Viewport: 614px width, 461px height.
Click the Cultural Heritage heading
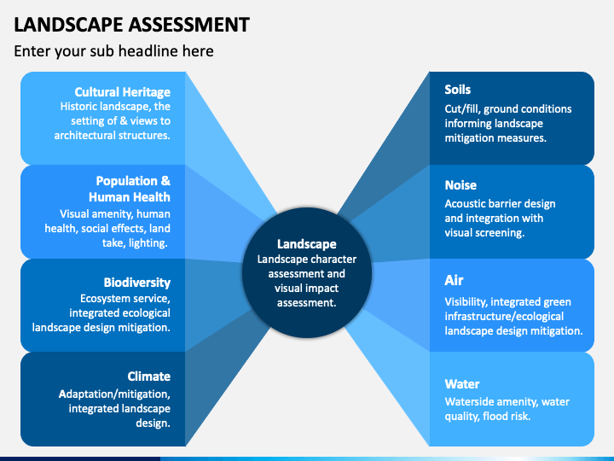coord(123,92)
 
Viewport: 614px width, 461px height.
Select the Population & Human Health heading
coord(130,189)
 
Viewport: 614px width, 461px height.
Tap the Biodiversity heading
coord(137,283)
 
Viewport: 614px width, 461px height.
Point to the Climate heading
coord(148,376)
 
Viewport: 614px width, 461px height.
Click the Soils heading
coord(457,90)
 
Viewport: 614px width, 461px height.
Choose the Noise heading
coord(460,185)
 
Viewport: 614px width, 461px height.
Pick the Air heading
coord(454,280)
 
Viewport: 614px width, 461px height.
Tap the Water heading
coord(462,384)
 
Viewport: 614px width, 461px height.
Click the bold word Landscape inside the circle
coord(307,244)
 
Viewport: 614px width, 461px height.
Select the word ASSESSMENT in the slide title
coord(189,24)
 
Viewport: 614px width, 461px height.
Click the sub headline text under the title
coord(114,51)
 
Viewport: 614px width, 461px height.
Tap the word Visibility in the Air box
coord(466,302)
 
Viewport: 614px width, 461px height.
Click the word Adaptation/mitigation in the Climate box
coord(114,394)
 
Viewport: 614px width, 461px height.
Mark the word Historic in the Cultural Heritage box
coord(78,107)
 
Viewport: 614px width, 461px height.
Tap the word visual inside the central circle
coord(289,289)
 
